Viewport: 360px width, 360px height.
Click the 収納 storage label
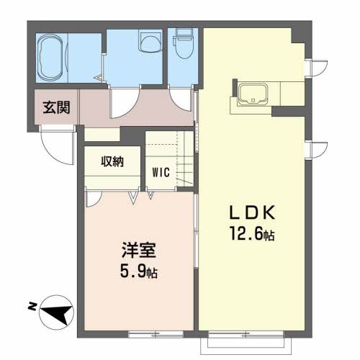coord(112,161)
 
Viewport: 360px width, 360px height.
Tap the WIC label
coord(161,172)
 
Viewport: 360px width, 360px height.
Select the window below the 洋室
coord(153,334)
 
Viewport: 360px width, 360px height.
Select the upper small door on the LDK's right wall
coord(313,66)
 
